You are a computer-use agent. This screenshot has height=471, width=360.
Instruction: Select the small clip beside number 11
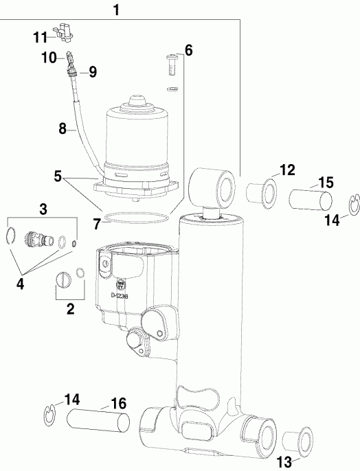pos(63,30)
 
